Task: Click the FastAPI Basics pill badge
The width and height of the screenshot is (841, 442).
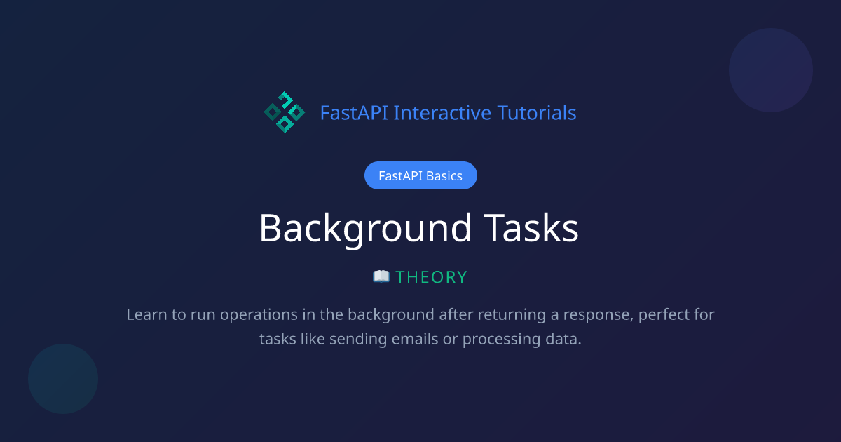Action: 420,175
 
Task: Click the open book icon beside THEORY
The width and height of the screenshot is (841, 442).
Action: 381,276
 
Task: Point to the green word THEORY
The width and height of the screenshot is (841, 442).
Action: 431,277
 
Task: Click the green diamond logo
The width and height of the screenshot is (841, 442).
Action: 284,112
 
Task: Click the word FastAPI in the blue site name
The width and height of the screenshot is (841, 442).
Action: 355,112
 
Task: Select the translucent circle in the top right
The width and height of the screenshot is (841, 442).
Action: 771,70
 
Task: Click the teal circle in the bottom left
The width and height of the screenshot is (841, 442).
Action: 63,379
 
